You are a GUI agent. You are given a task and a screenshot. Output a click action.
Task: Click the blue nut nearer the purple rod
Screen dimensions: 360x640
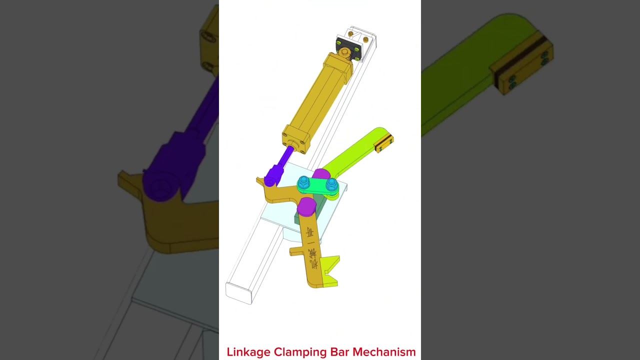[x=303, y=183]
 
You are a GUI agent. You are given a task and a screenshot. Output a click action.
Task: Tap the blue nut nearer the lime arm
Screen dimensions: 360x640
[x=331, y=184]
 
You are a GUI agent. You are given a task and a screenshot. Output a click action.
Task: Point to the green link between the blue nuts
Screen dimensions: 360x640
[x=317, y=185]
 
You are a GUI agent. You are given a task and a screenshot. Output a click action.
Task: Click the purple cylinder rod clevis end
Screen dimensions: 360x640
[x=273, y=176]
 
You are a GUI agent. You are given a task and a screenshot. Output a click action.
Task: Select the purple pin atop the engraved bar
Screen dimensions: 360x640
[x=306, y=205]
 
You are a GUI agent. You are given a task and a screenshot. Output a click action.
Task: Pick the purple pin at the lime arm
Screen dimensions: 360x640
[x=321, y=174]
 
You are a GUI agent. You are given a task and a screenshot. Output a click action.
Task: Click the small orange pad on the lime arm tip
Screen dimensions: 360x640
[x=384, y=142]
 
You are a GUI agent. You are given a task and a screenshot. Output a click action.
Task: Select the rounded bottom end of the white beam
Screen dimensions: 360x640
[x=238, y=293]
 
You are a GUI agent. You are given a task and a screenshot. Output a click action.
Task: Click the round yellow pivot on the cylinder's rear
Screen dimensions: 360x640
[x=344, y=52]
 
